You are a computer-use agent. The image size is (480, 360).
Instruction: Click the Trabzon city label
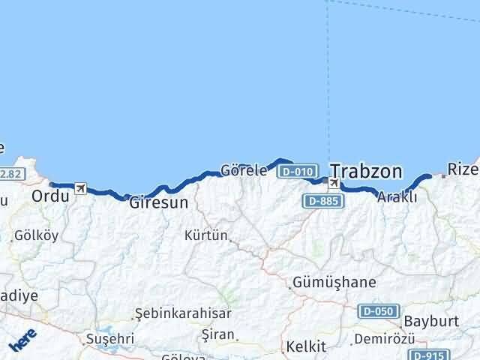point(366,171)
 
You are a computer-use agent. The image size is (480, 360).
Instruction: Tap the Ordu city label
point(50,196)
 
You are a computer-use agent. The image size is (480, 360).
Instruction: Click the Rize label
point(462,169)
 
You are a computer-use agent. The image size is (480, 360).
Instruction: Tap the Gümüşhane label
point(334,283)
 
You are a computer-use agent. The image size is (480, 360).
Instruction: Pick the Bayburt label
point(430,321)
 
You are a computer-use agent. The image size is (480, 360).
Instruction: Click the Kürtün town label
point(205,235)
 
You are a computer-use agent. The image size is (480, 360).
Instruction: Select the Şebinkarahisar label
point(183,313)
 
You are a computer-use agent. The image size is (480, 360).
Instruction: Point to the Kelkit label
point(306,346)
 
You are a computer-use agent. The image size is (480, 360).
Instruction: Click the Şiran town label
point(218,334)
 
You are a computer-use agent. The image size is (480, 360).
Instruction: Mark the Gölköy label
point(36,235)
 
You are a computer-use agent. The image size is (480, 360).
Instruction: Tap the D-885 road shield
point(322,201)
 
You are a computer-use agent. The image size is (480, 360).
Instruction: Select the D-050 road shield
point(376,310)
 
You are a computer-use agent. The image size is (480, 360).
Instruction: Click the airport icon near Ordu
point(80,189)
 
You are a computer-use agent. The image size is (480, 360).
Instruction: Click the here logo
point(23,341)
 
